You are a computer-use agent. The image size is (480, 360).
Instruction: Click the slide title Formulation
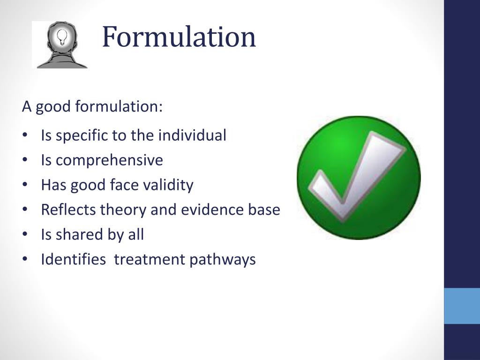(179, 37)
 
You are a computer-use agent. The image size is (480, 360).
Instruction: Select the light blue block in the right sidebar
(462, 306)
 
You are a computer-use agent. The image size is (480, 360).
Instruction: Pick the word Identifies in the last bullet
(73, 259)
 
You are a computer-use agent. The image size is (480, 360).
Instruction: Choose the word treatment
(150, 260)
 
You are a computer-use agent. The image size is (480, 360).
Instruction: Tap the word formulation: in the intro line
(119, 107)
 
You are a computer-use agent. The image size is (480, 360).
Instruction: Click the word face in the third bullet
(124, 186)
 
